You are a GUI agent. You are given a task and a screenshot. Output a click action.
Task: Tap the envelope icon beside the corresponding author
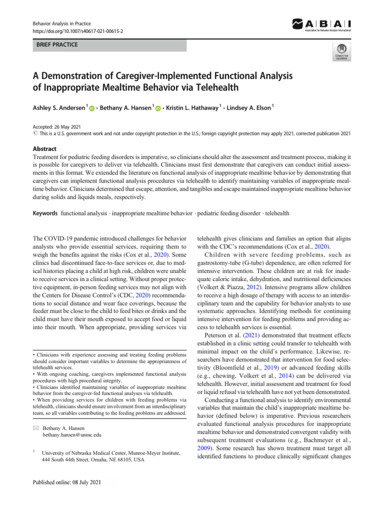click(36, 428)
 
